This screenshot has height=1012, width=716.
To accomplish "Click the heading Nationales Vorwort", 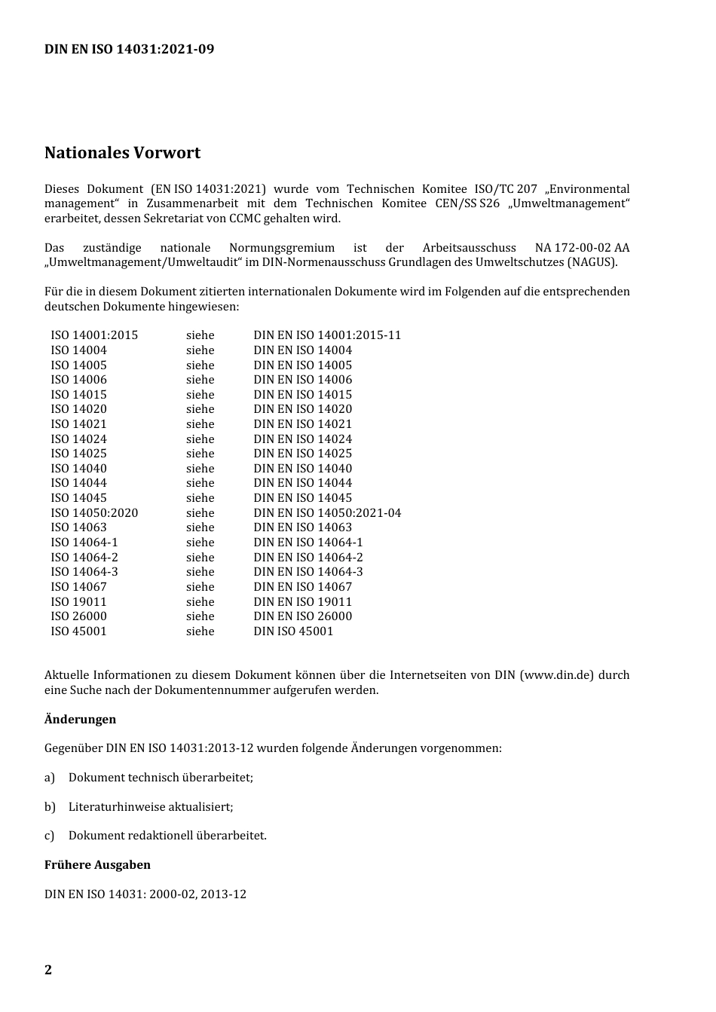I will click(x=122, y=153).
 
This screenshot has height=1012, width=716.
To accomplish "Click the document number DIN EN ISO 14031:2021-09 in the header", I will click(x=129, y=49).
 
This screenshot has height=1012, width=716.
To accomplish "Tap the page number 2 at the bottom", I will click(x=48, y=970).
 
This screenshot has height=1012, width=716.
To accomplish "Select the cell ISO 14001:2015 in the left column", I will click(x=94, y=335).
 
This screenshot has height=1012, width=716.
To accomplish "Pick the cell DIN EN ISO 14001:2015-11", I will click(x=327, y=335).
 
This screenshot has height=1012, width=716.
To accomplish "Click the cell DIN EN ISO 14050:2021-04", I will click(x=327, y=513).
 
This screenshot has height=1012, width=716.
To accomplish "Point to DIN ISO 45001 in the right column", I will click(x=293, y=631).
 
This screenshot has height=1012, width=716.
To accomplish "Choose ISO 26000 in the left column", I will click(x=78, y=616).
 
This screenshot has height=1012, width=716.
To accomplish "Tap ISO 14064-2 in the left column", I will click(x=84, y=558).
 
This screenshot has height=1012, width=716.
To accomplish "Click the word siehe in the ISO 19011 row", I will click(x=200, y=602).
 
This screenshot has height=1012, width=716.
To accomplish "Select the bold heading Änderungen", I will click(x=80, y=720).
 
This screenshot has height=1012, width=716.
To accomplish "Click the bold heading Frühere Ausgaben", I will click(x=97, y=865).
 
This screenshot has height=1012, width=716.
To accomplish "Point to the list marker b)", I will click(x=50, y=807).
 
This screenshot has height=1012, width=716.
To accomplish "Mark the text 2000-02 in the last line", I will click(x=173, y=894).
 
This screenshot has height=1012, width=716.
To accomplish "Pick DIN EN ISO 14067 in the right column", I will click(x=302, y=587).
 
